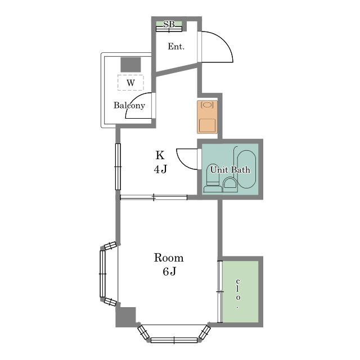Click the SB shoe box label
coord(169,24)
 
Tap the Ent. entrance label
coord(176,47)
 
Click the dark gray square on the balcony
coord(130,65)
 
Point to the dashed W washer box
coord(130,83)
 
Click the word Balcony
coord(129,105)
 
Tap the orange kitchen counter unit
coord(208,117)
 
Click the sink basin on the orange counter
coord(207,105)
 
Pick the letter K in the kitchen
coord(160,155)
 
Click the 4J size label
coord(160,169)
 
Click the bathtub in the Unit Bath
coord(246,169)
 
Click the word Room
coord(169,258)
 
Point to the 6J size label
coord(169,271)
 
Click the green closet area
coord(241,291)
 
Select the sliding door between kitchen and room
coord(154,197)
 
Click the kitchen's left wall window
coord(118,166)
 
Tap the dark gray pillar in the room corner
coord(125,316)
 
